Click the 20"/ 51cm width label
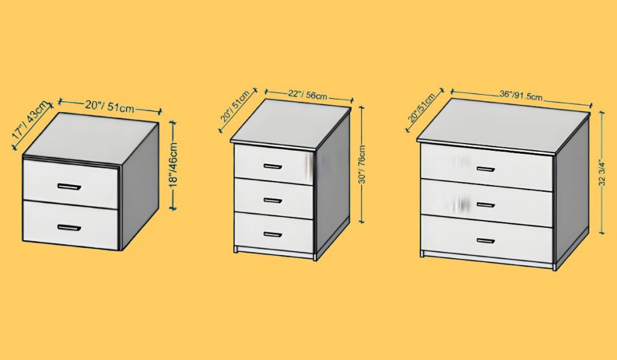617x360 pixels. pyautogui.click(x=110, y=106)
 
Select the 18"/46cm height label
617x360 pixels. pyautogui.click(x=174, y=166)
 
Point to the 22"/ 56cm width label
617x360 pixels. pyautogui.click(x=307, y=94)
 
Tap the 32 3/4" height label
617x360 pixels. pyautogui.click(x=602, y=173)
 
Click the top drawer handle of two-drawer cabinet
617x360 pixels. pyautogui.click(x=69, y=186)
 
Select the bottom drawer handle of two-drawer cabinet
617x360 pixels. pyautogui.click(x=69, y=227)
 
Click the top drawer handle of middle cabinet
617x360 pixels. pyautogui.click(x=273, y=166)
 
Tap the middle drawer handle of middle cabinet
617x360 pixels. pyautogui.click(x=273, y=200)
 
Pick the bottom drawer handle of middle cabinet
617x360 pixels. pyautogui.click(x=273, y=234)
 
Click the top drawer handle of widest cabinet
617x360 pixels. pyautogui.click(x=486, y=169)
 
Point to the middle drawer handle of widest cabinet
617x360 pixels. pyautogui.click(x=486, y=204)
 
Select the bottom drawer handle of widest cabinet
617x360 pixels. pyautogui.click(x=486, y=241)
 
